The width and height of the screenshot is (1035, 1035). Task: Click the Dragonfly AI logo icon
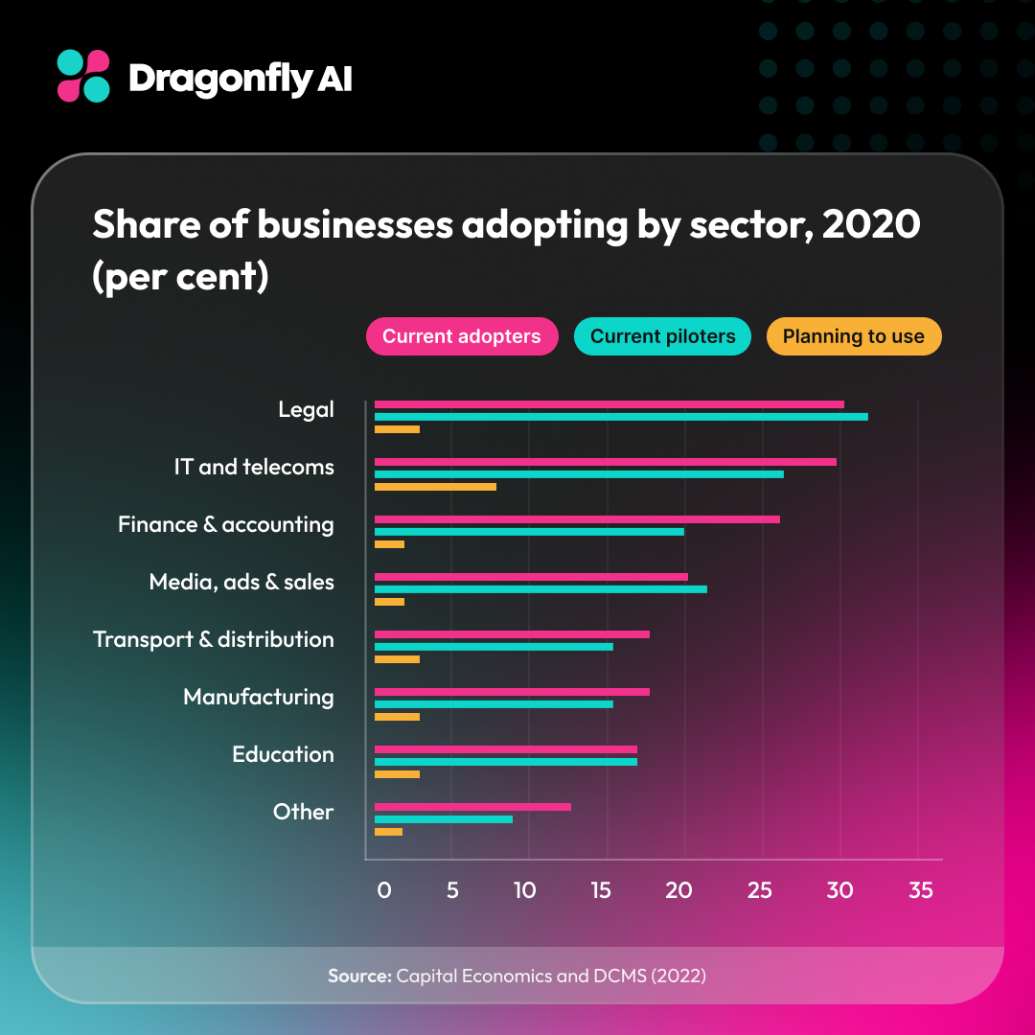[x=83, y=77]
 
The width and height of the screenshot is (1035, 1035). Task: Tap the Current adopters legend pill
[x=461, y=336]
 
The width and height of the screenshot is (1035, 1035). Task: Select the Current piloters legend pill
[x=662, y=336]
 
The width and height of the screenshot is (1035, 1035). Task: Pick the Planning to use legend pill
[x=853, y=336]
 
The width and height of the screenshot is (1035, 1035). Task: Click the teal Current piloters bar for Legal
[x=621, y=417]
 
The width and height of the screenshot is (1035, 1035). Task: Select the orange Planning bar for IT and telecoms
[x=435, y=487]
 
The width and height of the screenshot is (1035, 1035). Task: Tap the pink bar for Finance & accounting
[x=577, y=519]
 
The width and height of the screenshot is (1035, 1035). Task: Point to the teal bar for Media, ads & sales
[x=540, y=588]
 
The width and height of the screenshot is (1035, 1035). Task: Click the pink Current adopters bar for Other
[x=472, y=807]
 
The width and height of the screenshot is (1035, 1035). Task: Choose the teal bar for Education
[x=505, y=762]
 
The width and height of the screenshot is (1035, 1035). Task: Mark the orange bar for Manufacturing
[x=397, y=717]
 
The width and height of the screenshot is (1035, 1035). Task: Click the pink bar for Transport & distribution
[x=512, y=634]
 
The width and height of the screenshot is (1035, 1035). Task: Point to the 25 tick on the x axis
[x=759, y=890]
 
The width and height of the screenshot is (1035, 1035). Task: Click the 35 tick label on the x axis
[x=919, y=890]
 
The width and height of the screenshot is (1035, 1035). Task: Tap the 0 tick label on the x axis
[x=383, y=890]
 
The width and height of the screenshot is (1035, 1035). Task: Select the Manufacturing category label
[x=259, y=697]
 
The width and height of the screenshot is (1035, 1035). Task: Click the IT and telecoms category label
[x=254, y=467]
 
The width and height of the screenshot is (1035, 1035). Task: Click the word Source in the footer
[x=358, y=976]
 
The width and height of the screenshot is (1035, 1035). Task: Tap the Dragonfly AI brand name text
[x=240, y=79]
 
